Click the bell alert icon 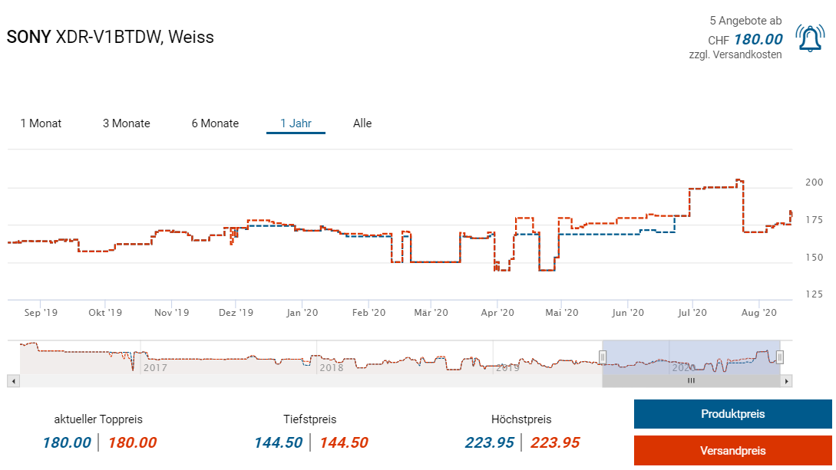coord(810,38)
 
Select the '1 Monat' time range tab coord(41,123)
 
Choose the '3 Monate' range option coord(127,123)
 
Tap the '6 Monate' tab coord(215,123)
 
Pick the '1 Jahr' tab coord(296,123)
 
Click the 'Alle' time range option coord(362,123)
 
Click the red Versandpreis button coord(732,451)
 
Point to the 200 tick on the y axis coord(814,182)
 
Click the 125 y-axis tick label coord(814,294)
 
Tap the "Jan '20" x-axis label coord(302,313)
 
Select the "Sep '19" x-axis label coord(41,313)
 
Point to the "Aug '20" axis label coord(761,313)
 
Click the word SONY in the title coord(28,37)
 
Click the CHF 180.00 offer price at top coord(758,40)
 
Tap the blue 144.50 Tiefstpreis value coord(278,442)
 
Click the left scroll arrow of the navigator coord(12,380)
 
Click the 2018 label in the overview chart coord(332,368)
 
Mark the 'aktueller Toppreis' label coord(98,419)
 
